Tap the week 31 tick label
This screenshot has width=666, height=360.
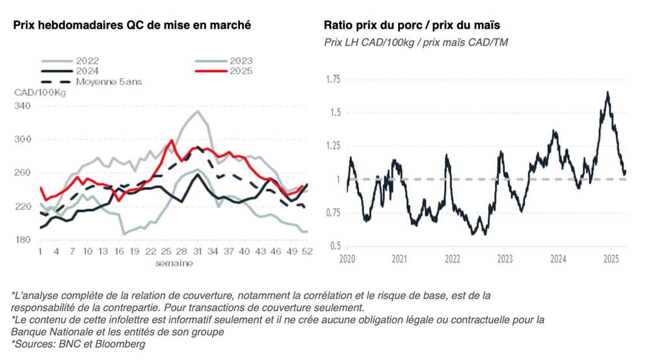click(x=198, y=252)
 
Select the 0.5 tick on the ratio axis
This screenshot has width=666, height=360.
click(x=334, y=246)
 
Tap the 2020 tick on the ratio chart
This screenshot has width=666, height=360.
click(x=347, y=259)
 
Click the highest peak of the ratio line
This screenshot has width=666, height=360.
click(x=607, y=92)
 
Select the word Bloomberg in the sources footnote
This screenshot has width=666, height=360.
click(x=122, y=344)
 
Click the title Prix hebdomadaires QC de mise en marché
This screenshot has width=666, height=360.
click(x=132, y=25)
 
